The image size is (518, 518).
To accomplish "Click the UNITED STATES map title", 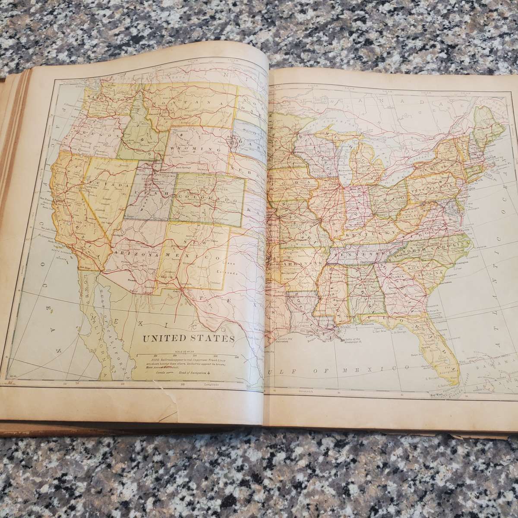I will (188, 338).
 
